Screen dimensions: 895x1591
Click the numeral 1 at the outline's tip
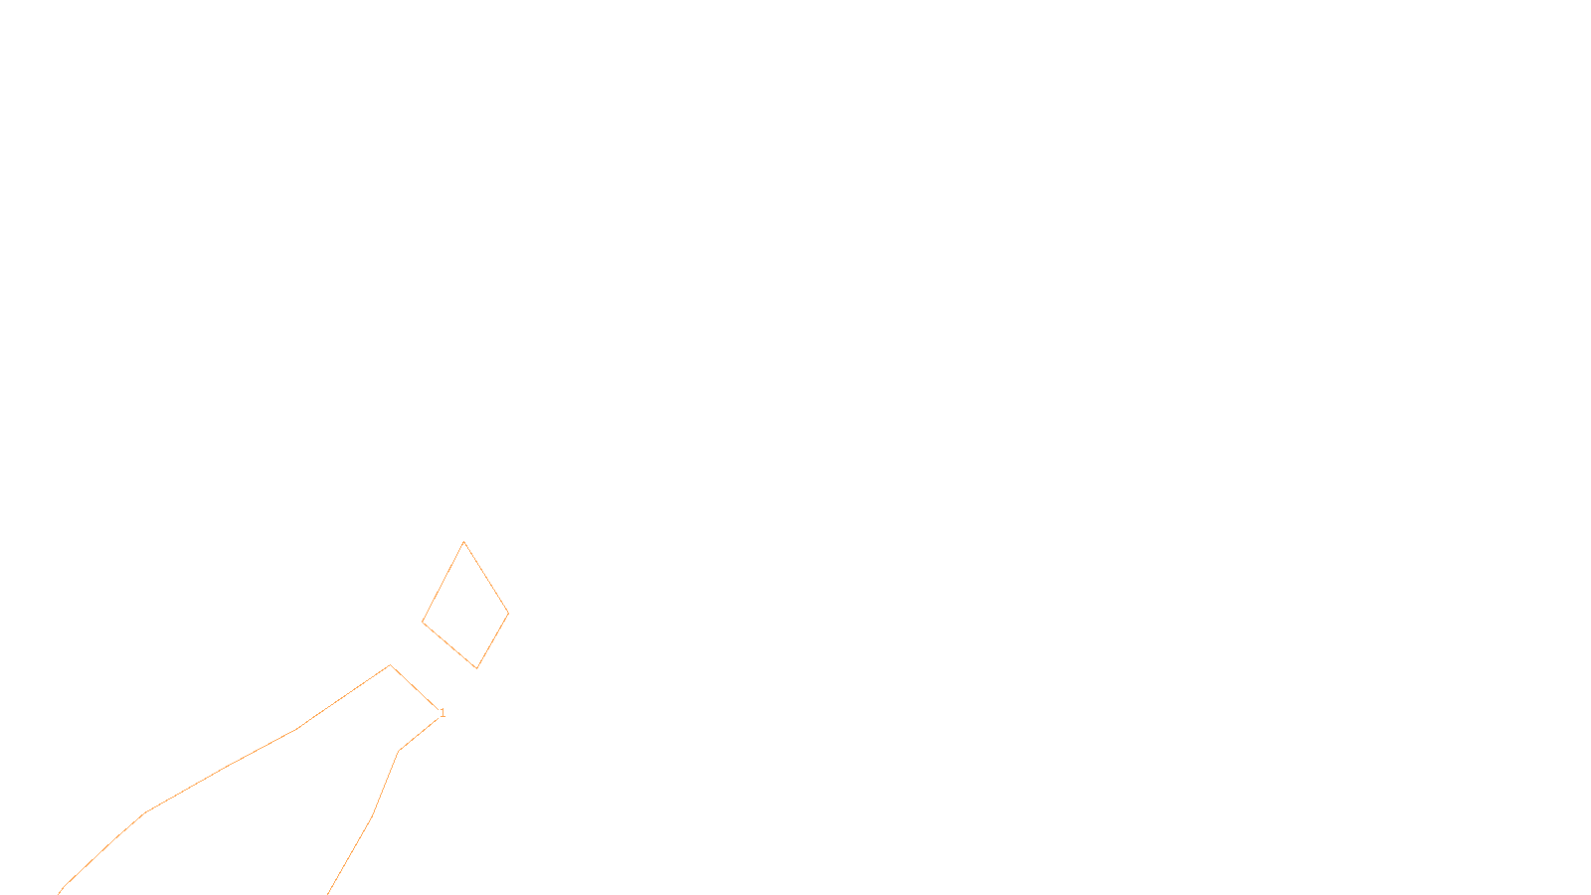click(442, 713)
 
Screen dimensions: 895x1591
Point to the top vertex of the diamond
click(463, 542)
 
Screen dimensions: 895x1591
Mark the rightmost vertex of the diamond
click(508, 614)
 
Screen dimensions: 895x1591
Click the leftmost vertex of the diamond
click(423, 623)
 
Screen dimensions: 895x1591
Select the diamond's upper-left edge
click(442, 583)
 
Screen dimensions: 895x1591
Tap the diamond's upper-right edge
click(486, 578)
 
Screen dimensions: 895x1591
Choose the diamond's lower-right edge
click(493, 640)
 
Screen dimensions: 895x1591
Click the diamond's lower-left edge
click(449, 645)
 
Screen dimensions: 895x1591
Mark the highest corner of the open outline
click(390, 665)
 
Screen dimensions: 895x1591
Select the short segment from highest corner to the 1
click(414, 687)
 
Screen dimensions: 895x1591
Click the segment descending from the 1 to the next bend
click(420, 734)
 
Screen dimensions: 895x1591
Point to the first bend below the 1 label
click(399, 751)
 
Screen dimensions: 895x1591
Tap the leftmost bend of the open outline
click(145, 812)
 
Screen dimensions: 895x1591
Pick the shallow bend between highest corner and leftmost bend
click(297, 729)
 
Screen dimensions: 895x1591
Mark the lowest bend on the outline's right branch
click(371, 818)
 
